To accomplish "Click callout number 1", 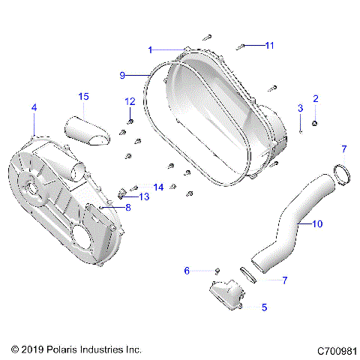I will tap(150, 49).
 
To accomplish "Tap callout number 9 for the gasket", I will tap(122, 75).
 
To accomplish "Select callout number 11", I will tap(270, 46).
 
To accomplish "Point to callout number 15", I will tap(84, 96).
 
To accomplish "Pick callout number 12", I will tap(130, 101).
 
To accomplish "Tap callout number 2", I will tap(316, 99).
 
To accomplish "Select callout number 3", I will tap(300, 109).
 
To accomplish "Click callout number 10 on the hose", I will tap(317, 223).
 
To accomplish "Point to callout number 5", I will tap(264, 307).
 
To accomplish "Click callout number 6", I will tap(187, 270).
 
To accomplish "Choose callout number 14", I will tap(158, 187).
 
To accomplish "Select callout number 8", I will tap(127, 208).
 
